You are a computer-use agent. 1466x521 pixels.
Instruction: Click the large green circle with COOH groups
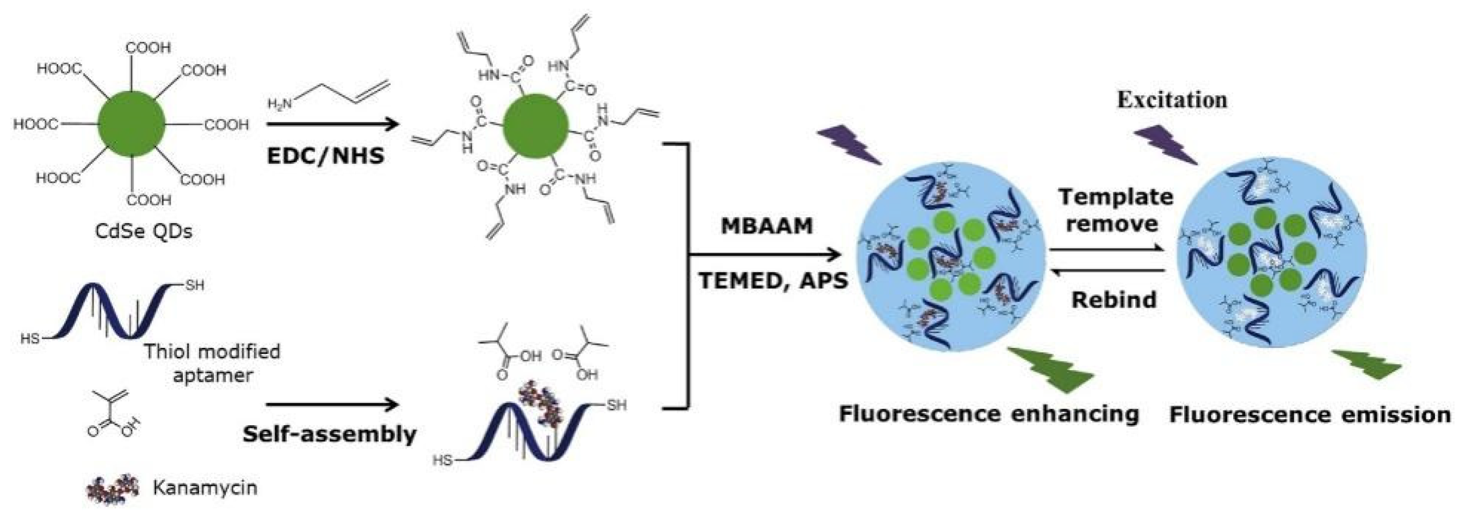click(132, 124)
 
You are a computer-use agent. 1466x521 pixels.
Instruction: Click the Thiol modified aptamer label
click(212, 363)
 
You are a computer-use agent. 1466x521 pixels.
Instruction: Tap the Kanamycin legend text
click(205, 488)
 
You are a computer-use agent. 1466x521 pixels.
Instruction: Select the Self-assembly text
click(330, 434)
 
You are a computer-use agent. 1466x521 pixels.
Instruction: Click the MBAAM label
click(766, 226)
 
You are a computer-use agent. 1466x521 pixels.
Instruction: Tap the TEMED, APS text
click(774, 281)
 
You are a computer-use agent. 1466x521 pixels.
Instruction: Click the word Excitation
click(1172, 100)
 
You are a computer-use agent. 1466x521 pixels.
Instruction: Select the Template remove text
click(1116, 210)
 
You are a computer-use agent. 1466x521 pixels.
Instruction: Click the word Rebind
click(1114, 299)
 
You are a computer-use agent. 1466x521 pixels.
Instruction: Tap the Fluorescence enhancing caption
click(989, 414)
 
